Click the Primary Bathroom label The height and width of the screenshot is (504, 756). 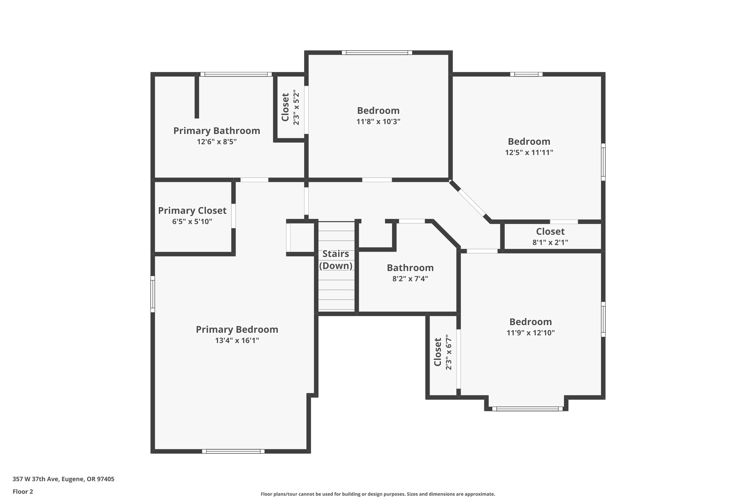coord(217,131)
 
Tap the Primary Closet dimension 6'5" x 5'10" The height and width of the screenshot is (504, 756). coord(192,222)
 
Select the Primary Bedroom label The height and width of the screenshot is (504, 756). coord(237,329)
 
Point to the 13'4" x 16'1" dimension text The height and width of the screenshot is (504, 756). coord(237,340)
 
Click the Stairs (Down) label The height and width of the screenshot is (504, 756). coord(336,260)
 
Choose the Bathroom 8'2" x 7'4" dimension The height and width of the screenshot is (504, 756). coord(410,279)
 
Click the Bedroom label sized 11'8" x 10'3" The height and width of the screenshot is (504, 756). coord(378,110)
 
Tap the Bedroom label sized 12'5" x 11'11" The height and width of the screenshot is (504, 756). coord(529,141)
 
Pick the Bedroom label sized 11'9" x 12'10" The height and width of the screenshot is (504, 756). coord(530,322)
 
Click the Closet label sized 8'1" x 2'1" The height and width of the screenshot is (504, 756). coord(550,232)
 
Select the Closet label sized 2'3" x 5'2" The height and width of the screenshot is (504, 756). coord(285,107)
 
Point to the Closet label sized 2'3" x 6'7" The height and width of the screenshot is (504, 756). coord(438,352)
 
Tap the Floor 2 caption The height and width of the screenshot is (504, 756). coord(23,491)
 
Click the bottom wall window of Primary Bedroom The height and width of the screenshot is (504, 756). coord(233,451)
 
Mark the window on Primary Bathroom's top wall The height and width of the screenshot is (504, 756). coord(236,74)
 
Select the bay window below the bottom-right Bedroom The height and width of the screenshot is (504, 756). coord(527,409)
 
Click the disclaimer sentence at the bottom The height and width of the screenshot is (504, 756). coord(378,494)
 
